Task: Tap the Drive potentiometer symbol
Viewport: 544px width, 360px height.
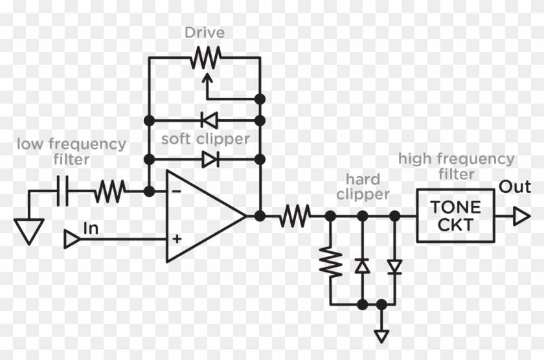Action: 205,59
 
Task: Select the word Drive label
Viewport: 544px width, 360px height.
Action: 205,32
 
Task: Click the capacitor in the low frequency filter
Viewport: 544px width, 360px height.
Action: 63,192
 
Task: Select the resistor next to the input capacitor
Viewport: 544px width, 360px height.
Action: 109,192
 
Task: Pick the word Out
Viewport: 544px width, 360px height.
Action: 515,188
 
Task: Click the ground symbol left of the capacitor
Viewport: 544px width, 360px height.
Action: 28,230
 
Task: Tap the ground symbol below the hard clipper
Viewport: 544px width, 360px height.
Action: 381,335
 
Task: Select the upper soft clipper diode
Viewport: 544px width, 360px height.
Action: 209,120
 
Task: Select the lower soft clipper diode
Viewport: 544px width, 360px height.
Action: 209,159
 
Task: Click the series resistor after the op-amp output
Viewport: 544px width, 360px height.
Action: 295,216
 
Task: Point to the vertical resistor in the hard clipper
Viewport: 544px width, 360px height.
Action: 331,262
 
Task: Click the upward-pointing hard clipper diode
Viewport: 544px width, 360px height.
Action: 363,265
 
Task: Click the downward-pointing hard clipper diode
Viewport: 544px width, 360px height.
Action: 394,265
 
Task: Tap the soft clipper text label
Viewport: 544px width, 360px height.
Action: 205,139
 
